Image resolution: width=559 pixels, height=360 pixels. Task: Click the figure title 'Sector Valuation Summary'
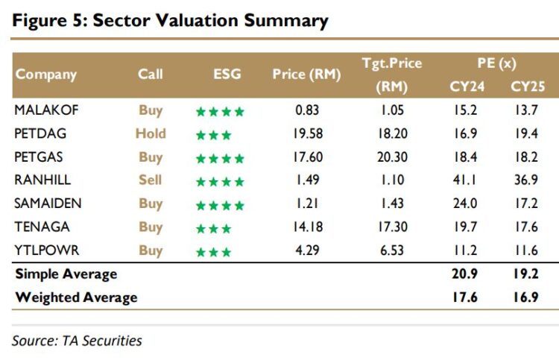click(170, 20)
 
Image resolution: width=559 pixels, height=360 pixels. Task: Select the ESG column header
click(226, 74)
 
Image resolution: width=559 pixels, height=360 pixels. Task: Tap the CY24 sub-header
click(467, 86)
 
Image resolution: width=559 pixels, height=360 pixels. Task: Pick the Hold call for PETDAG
click(151, 134)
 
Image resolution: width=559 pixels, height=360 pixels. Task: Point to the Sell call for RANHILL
click(151, 180)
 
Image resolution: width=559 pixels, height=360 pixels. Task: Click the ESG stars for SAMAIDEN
click(219, 204)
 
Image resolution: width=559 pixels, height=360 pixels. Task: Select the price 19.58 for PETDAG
click(307, 134)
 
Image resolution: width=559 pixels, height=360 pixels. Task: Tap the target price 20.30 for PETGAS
click(392, 157)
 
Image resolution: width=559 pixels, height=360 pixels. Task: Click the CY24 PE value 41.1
click(467, 180)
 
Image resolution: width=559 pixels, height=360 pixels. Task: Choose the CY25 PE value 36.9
click(524, 180)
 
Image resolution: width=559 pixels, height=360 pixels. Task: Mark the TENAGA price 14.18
click(307, 227)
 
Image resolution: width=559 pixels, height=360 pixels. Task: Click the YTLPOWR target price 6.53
click(392, 250)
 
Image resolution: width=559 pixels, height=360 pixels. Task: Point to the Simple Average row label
click(66, 274)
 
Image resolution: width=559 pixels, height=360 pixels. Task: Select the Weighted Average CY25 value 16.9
click(524, 297)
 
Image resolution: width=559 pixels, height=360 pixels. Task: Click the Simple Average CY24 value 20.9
click(467, 274)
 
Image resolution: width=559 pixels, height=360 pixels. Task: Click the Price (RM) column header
click(306, 74)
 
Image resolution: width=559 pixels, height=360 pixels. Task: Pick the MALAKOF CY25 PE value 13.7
click(524, 110)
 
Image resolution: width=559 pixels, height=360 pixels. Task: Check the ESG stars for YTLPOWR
click(213, 250)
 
